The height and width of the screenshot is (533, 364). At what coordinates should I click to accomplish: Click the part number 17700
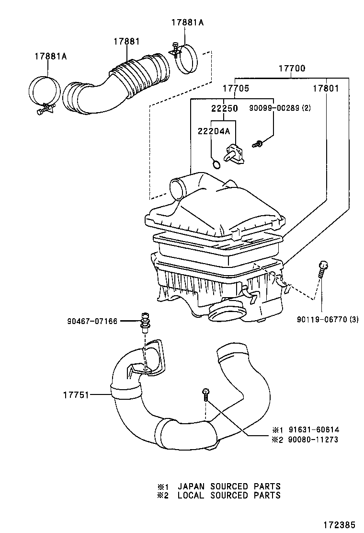pyautogui.click(x=292, y=69)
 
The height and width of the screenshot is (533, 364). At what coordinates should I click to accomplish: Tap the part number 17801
pyautogui.click(x=326, y=89)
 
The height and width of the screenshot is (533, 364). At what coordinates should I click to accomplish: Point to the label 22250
pyautogui.click(x=225, y=109)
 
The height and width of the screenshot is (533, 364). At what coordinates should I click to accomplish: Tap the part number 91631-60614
pyautogui.click(x=314, y=429)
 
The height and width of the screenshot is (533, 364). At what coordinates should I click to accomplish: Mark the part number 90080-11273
pyautogui.click(x=314, y=439)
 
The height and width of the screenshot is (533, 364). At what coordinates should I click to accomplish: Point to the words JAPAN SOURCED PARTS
pyautogui.click(x=229, y=487)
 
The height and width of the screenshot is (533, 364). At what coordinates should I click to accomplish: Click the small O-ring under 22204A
pyautogui.click(x=216, y=165)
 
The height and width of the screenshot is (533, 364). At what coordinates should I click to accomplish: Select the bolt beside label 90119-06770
pyautogui.click(x=323, y=271)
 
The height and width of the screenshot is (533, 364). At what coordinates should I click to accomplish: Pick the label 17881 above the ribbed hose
pyautogui.click(x=126, y=42)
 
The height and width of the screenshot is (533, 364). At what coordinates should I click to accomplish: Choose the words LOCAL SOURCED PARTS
pyautogui.click(x=229, y=495)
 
